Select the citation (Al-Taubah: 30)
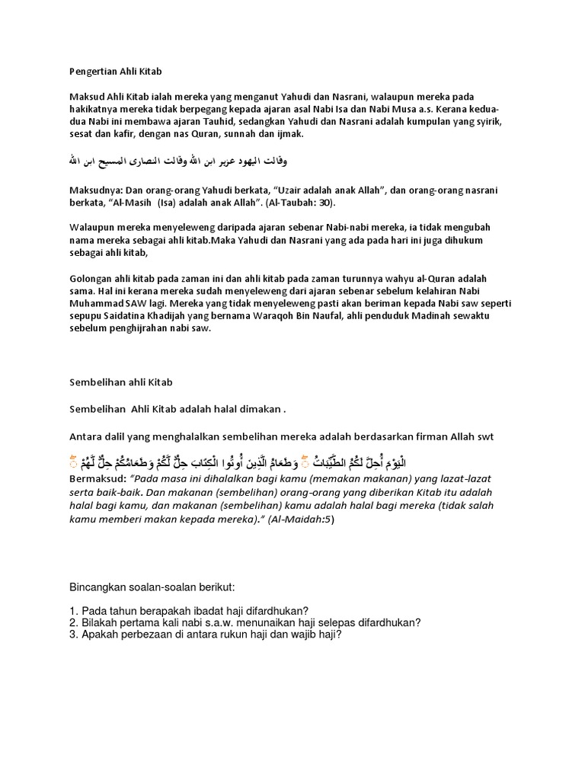pyautogui.click(x=296, y=204)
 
